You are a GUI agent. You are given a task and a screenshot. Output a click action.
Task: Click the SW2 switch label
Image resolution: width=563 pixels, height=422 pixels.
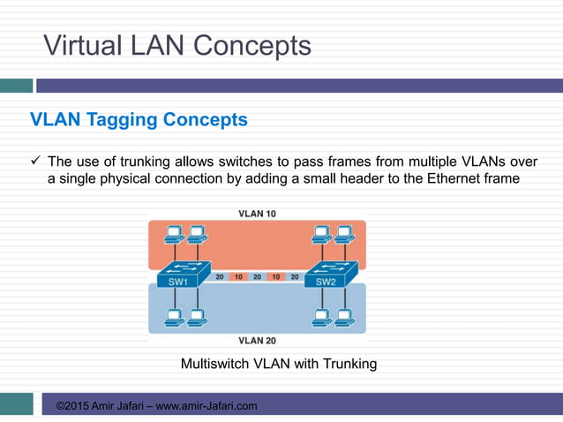click(x=327, y=283)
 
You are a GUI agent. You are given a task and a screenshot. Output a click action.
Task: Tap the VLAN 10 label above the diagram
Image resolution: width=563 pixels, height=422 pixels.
click(x=257, y=213)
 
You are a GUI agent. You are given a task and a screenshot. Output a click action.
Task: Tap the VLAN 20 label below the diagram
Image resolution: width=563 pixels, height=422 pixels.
click(x=257, y=340)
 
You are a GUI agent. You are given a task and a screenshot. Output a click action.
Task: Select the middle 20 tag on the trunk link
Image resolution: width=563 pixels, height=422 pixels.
click(x=257, y=276)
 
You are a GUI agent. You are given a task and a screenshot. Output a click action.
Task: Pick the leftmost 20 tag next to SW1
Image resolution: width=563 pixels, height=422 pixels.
click(x=219, y=276)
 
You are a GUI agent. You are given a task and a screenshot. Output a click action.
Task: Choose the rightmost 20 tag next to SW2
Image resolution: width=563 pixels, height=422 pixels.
click(x=295, y=276)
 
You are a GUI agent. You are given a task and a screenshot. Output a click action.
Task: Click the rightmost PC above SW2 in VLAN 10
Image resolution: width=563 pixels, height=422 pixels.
click(x=342, y=235)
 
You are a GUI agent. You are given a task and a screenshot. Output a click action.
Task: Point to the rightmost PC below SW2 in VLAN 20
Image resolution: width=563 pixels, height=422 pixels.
click(x=342, y=315)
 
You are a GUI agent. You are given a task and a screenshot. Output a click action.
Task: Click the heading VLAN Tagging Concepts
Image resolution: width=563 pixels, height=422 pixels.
click(x=139, y=119)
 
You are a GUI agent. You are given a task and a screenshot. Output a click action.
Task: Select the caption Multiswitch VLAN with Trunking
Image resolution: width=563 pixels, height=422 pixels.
click(x=279, y=364)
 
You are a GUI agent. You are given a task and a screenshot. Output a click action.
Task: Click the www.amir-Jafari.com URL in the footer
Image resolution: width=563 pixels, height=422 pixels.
click(x=206, y=406)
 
